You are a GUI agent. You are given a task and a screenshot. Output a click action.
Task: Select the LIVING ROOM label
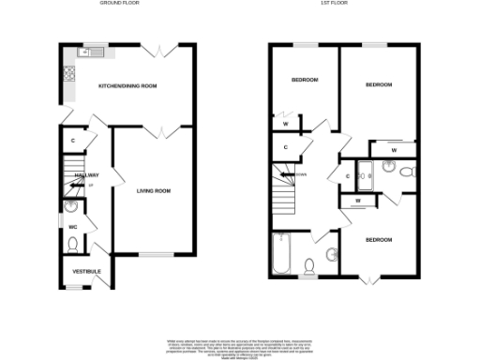click(154, 191)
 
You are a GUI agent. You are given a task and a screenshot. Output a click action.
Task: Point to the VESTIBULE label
click(86, 272)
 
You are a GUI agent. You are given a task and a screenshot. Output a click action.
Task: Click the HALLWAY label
click(87, 175)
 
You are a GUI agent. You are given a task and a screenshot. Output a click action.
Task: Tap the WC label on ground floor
click(72, 226)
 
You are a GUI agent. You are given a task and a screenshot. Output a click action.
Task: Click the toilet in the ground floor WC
click(72, 246)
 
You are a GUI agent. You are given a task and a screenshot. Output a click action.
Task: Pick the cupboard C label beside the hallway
click(73, 141)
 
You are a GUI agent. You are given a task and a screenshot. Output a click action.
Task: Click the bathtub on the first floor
click(279, 252)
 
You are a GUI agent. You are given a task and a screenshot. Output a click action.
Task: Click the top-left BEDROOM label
click(305, 81)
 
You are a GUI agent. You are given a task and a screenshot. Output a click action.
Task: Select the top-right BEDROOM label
click(378, 85)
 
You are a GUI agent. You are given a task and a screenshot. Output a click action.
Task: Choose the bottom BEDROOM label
click(378, 240)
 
